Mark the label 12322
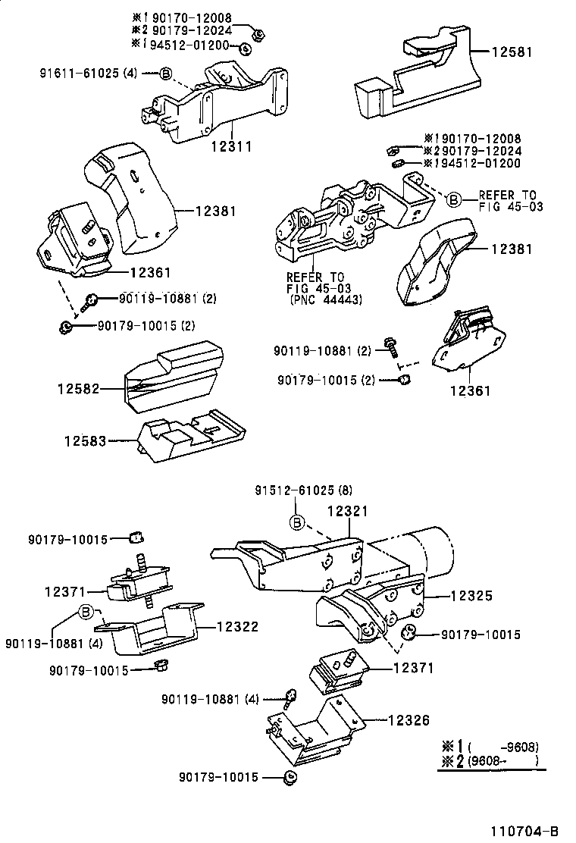point(237,627)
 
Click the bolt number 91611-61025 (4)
point(89,74)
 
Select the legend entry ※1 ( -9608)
point(491,745)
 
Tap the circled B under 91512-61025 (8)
point(299,522)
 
